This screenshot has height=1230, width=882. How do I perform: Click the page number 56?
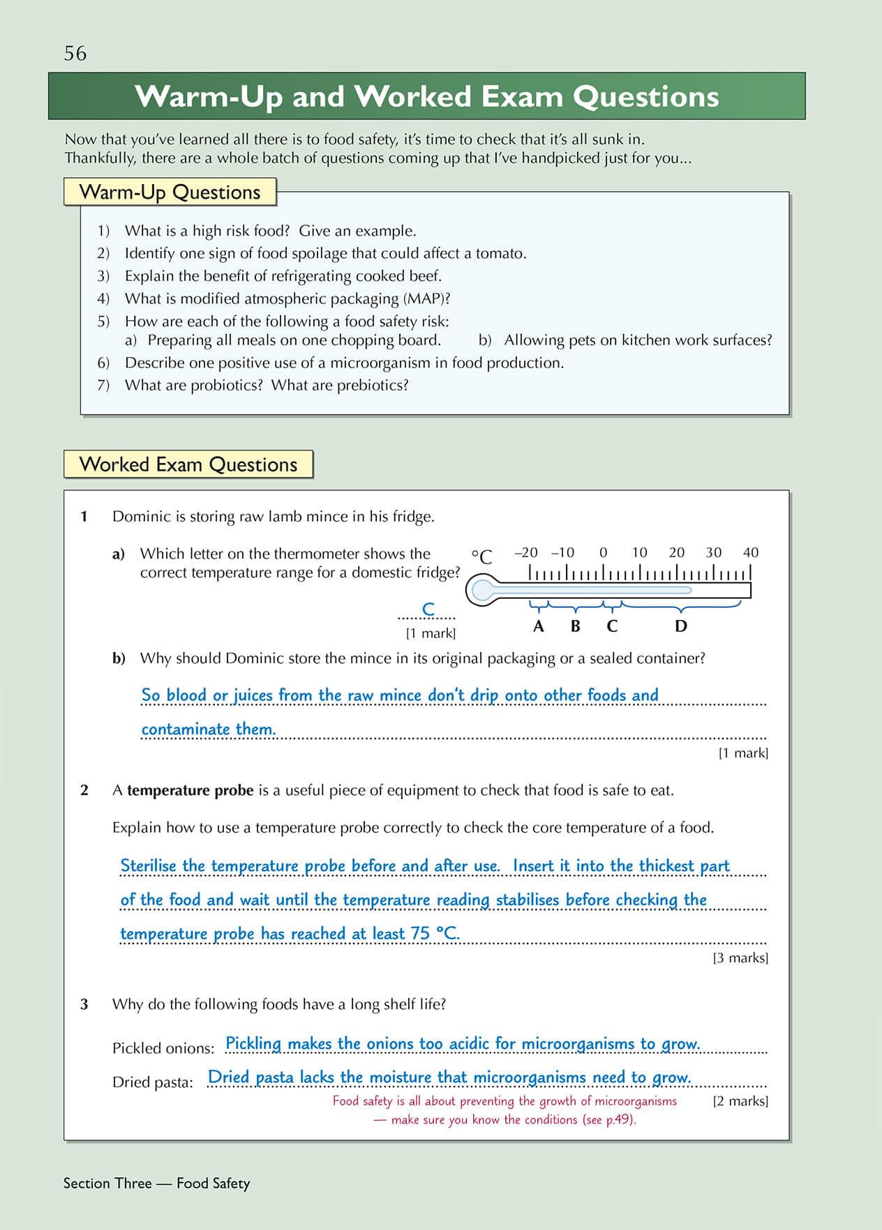coord(75,53)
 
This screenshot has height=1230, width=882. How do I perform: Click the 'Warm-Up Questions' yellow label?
coord(170,192)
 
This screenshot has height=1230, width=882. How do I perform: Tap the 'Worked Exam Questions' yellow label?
coord(188,464)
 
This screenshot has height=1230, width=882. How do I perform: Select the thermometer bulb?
coord(482,591)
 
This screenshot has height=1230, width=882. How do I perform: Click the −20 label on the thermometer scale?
coord(526,553)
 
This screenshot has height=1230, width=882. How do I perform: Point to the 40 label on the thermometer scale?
coord(751,553)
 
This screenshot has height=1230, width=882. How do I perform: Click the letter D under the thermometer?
coord(681,626)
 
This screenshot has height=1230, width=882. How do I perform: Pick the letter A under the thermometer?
coord(538,626)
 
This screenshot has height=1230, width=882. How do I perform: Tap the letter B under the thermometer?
coord(575,626)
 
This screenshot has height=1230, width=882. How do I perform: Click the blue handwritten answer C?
coord(428,609)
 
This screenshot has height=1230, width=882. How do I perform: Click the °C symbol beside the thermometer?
coord(481,556)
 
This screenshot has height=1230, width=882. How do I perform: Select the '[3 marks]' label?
coord(740,958)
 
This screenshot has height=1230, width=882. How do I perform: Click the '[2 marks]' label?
coord(740,1101)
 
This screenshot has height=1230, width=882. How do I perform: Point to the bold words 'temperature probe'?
coord(190,791)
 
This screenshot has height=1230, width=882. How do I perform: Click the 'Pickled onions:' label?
coord(163,1048)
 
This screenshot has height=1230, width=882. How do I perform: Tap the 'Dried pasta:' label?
coord(153,1082)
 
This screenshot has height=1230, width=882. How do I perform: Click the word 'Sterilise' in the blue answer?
coord(149,866)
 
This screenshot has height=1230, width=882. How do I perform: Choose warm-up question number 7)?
coord(103,385)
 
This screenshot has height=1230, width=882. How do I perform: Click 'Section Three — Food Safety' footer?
coord(156,1183)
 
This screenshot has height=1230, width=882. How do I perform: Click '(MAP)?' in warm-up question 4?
coord(426,298)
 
